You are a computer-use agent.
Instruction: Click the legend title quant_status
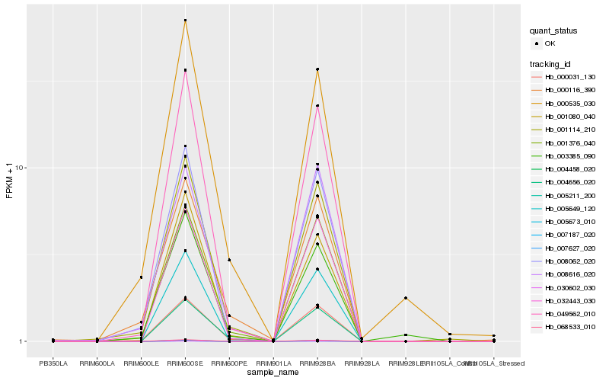click(553, 30)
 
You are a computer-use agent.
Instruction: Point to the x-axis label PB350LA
click(53, 363)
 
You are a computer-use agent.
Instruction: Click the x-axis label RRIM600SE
click(185, 363)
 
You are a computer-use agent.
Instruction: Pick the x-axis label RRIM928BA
click(317, 363)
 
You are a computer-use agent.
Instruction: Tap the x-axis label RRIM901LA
click(273, 363)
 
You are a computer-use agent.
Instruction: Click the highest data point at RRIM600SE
click(185, 20)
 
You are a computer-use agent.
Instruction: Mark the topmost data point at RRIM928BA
click(317, 69)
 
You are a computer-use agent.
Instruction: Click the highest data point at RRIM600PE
click(229, 260)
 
